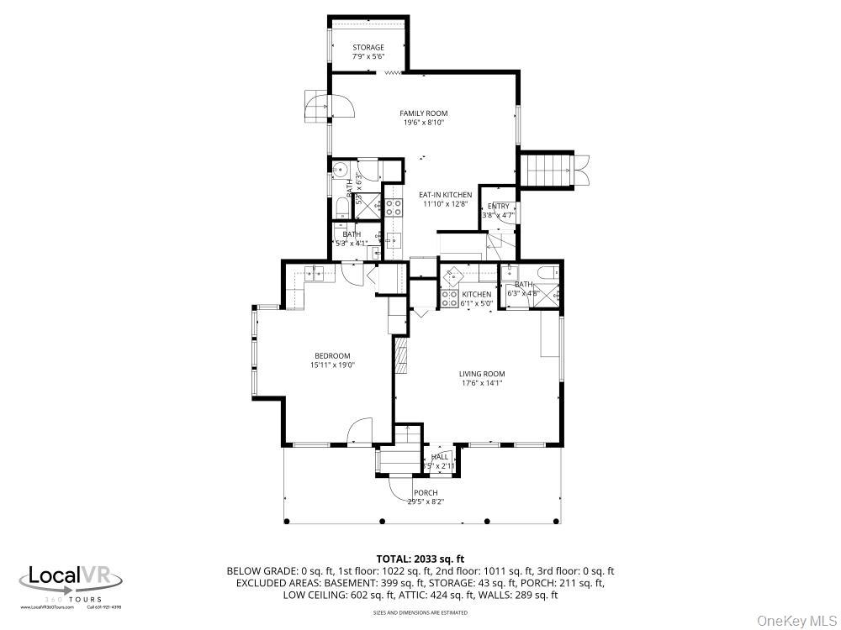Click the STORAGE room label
pos(368,47)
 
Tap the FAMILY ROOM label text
pos(423,113)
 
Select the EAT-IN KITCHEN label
pos(445,195)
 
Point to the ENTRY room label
pos(498,206)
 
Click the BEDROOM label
pos(332,355)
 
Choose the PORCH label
pos(426,492)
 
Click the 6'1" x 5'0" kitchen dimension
pos(476,304)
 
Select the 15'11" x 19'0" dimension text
pos(332,365)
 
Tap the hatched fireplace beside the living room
pos(400,356)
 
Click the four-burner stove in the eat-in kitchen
pos(394,207)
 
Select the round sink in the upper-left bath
pos(341,167)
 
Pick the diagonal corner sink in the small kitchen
pos(453,273)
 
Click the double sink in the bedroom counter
pos(315,272)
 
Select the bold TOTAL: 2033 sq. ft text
pos(420,559)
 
